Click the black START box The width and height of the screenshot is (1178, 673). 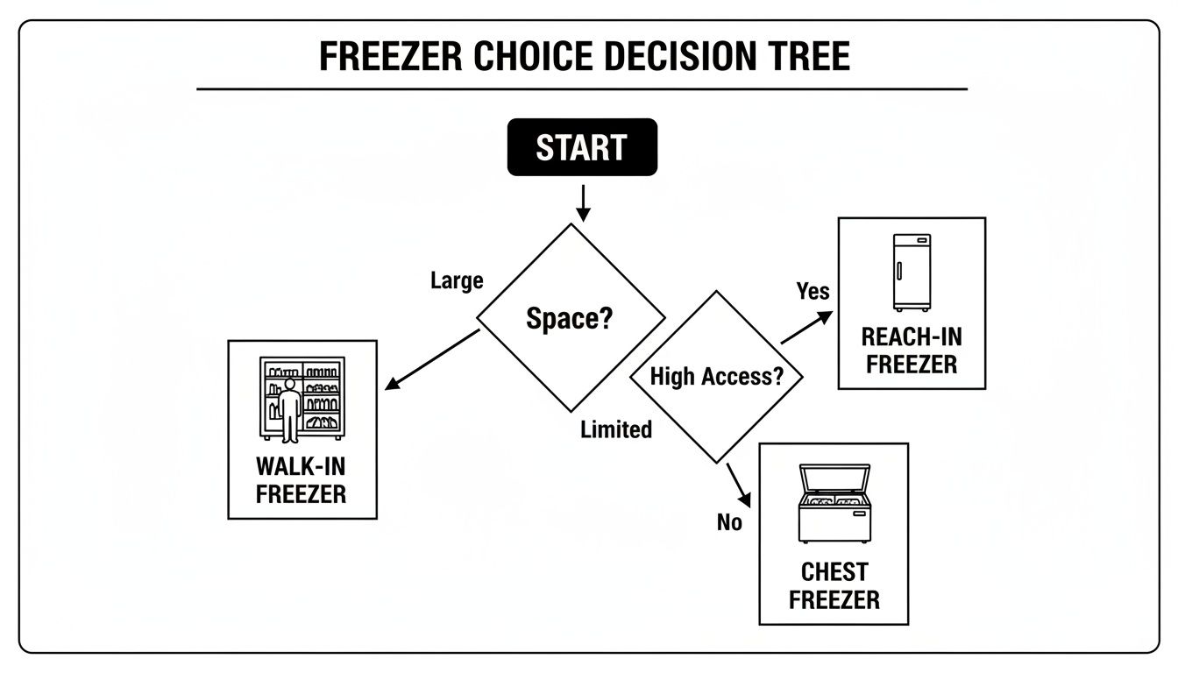[582, 147]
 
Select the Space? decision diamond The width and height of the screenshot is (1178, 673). [571, 318]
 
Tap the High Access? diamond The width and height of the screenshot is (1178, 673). [715, 377]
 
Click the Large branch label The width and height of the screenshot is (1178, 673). [457, 281]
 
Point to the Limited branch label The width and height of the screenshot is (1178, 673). [616, 429]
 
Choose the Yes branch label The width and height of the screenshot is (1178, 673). [813, 290]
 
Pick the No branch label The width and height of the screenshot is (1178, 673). [729, 522]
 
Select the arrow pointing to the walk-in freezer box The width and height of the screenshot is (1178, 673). [431, 359]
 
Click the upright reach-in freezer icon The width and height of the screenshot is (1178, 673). [912, 272]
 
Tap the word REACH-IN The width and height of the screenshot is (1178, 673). [912, 336]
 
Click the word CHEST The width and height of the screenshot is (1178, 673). [834, 572]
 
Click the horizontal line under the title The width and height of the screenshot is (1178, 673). [582, 89]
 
